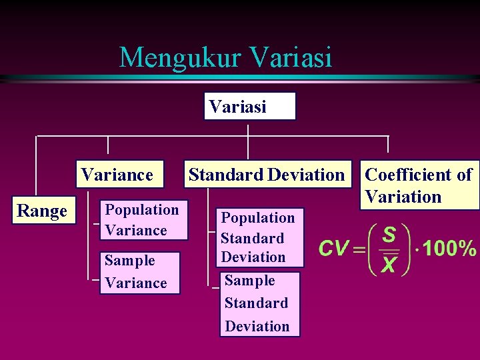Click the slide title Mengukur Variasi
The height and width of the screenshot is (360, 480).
pyautogui.click(x=225, y=57)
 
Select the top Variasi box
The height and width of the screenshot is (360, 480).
pyautogui.click(x=249, y=106)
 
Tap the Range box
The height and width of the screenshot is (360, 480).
pyautogui.click(x=42, y=211)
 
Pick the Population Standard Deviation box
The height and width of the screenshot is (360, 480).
pyautogui.click(x=259, y=237)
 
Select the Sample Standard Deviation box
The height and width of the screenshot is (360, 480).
pyautogui.click(x=259, y=303)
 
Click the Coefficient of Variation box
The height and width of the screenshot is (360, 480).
pyautogui.click(x=419, y=185)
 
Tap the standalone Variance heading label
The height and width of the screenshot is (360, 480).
pyautogui.click(x=117, y=175)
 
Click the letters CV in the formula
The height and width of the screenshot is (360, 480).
pyautogui.click(x=334, y=249)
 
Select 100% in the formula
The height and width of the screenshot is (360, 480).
pyautogui.click(x=450, y=249)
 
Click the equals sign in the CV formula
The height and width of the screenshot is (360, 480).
pyautogui.click(x=359, y=249)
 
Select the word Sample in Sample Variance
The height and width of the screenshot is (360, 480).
pyautogui.click(x=130, y=261)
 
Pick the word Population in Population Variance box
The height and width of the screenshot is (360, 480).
pyautogui.click(x=142, y=210)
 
